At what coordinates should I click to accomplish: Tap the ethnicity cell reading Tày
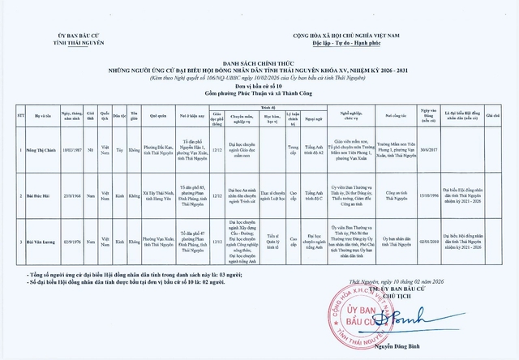119,151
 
